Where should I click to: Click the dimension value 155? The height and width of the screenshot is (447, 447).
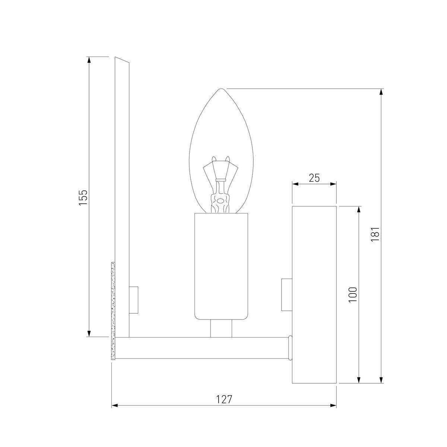(83, 197)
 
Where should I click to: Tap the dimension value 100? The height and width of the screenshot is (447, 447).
(353, 294)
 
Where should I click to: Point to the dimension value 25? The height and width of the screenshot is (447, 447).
(314, 178)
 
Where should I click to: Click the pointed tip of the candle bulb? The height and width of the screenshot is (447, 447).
(221, 89)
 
